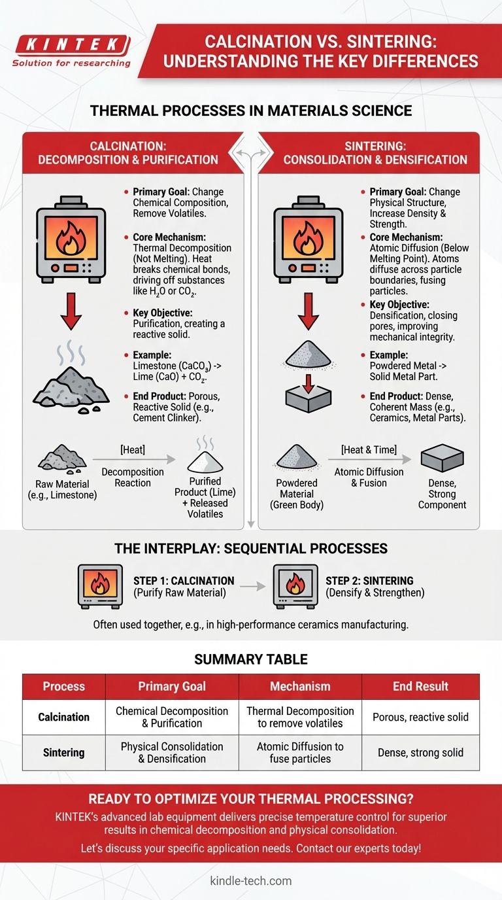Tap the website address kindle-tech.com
[250, 880]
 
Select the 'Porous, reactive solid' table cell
[420, 717]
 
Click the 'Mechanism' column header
[300, 686]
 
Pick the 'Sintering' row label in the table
[63, 752]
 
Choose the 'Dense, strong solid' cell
[420, 752]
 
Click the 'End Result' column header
[420, 686]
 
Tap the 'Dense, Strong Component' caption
[442, 494]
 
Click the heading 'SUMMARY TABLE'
[250, 659]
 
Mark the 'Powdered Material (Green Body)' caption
[297, 494]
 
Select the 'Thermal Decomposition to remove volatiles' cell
[300, 717]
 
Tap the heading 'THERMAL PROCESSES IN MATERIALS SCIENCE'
[251, 111]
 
